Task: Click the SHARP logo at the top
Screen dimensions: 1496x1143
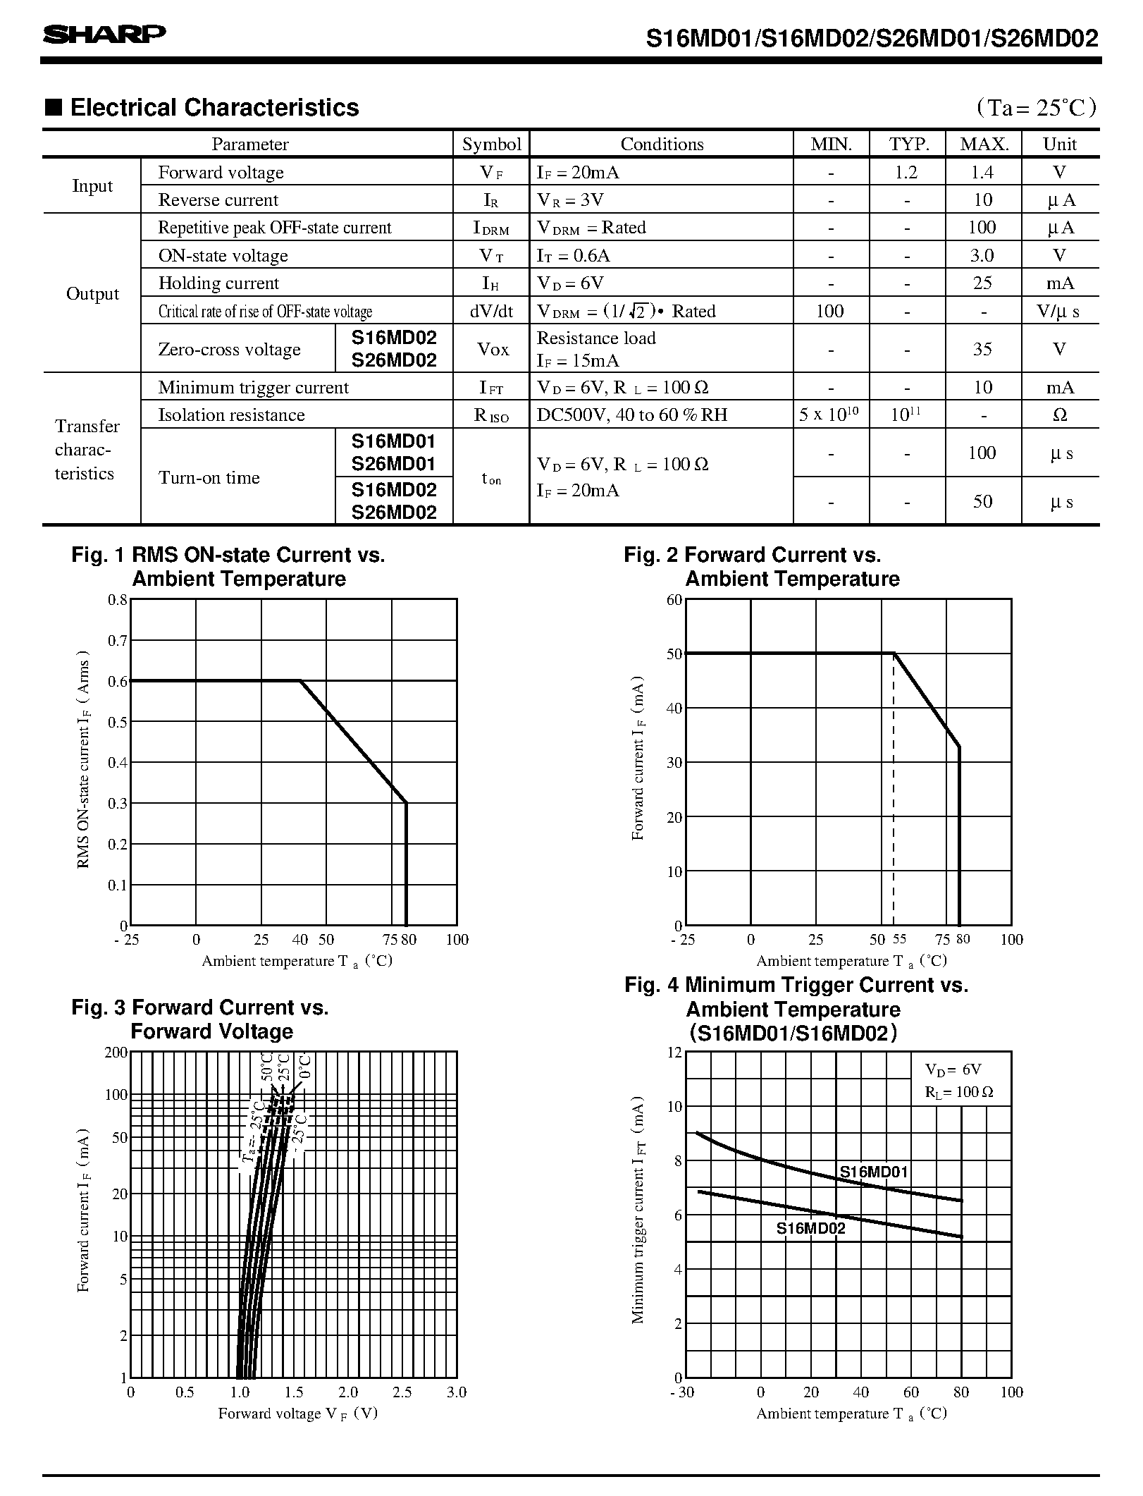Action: pyautogui.click(x=104, y=35)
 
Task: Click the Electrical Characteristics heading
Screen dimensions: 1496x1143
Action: pyautogui.click(x=214, y=108)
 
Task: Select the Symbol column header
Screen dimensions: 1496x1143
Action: pyautogui.click(x=491, y=145)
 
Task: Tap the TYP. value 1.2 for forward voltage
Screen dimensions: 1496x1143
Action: pyautogui.click(x=906, y=172)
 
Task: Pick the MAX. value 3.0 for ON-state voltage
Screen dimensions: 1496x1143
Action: pyautogui.click(x=982, y=255)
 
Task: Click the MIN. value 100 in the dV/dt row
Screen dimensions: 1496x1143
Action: pyautogui.click(x=830, y=311)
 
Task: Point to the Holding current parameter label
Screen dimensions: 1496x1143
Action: pyautogui.click(x=218, y=283)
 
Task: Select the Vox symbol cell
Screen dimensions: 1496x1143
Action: pyautogui.click(x=493, y=349)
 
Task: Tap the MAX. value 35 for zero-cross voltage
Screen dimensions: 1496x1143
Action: pyautogui.click(x=982, y=349)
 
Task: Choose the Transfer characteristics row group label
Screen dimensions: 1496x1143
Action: pyautogui.click(x=85, y=450)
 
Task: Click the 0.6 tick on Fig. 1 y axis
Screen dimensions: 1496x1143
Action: pyautogui.click(x=118, y=681)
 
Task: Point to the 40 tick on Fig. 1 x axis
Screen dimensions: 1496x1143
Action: pyautogui.click(x=300, y=940)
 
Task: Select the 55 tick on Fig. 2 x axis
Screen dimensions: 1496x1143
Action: pyautogui.click(x=900, y=940)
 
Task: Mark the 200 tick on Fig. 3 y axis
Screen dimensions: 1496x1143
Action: pyautogui.click(x=116, y=1053)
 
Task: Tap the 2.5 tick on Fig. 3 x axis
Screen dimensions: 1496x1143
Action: pyautogui.click(x=402, y=1392)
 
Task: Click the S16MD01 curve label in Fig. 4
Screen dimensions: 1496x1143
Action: pyautogui.click(x=874, y=1173)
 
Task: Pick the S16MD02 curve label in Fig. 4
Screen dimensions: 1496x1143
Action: pyautogui.click(x=810, y=1228)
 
